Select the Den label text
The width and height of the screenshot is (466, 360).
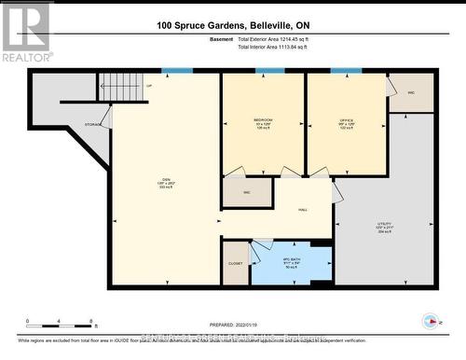pyautogui.click(x=165, y=181)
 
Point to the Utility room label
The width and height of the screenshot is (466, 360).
pyautogui.click(x=383, y=224)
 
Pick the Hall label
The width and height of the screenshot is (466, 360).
pyautogui.click(x=303, y=209)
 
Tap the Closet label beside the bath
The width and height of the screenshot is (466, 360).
pyautogui.click(x=236, y=264)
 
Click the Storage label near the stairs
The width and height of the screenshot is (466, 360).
pyautogui.click(x=92, y=123)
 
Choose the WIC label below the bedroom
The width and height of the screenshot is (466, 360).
pyautogui.click(x=246, y=191)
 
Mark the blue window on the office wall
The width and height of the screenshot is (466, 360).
pyautogui.click(x=346, y=71)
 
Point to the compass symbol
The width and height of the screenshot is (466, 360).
pyautogui.click(x=430, y=323)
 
